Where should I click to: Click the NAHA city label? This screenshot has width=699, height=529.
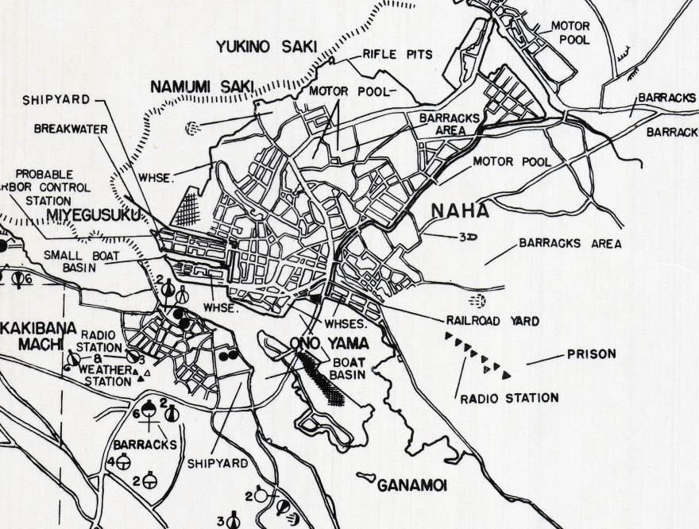click(x=459, y=211)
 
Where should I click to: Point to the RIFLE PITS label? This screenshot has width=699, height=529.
click(x=397, y=54)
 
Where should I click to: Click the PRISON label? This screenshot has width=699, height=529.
click(x=591, y=354)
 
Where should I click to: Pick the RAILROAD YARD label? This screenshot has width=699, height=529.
click(x=492, y=321)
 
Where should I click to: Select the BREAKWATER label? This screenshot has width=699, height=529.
click(x=69, y=128)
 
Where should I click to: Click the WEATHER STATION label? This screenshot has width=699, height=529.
click(x=104, y=376)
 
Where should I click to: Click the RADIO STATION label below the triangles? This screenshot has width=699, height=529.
click(x=509, y=398)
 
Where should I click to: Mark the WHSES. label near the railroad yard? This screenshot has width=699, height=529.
click(x=345, y=324)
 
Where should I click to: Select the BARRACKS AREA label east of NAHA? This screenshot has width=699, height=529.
click(x=570, y=244)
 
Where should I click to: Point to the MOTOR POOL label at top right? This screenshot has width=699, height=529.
click(x=570, y=33)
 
